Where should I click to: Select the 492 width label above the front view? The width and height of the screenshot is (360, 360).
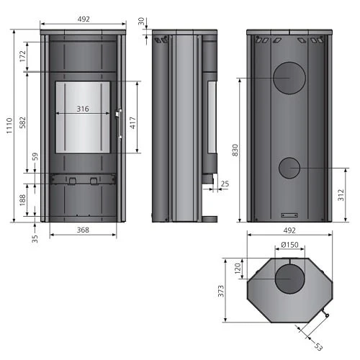click(83, 19)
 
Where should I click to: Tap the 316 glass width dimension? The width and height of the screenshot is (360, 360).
click(83, 109)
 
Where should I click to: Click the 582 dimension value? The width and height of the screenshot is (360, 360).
click(23, 123)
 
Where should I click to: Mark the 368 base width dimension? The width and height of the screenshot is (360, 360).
click(83, 230)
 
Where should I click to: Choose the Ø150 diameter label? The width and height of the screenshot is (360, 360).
click(289, 245)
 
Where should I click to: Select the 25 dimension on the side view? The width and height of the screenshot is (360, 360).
click(225, 184)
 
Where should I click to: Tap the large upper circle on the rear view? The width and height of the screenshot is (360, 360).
click(289, 78)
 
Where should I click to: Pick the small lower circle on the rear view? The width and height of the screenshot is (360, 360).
click(289, 168)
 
